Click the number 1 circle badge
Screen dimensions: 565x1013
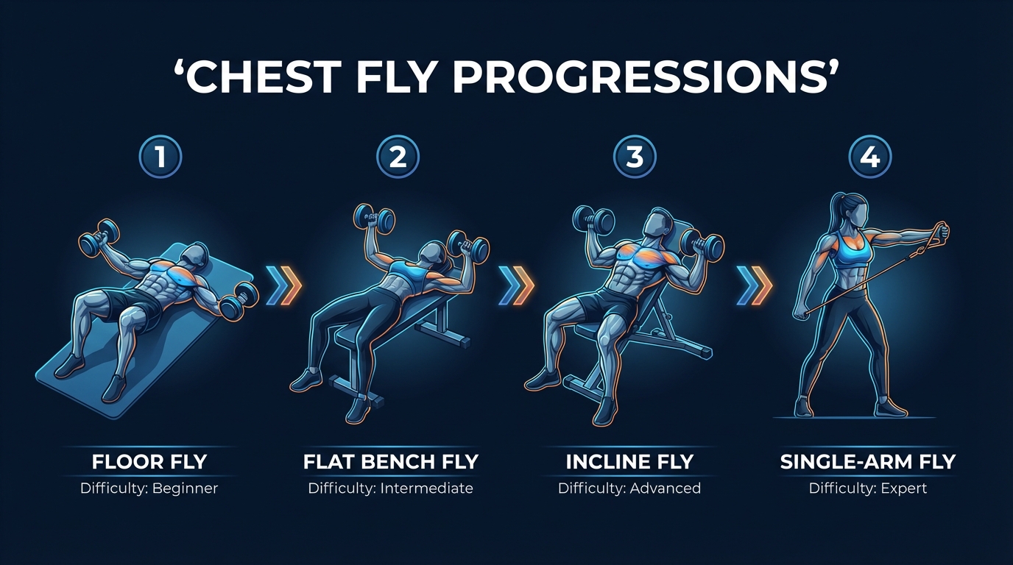pyautogui.click(x=160, y=157)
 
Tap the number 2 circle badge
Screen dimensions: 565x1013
pyautogui.click(x=397, y=157)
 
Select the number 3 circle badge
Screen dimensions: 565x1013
pyautogui.click(x=634, y=157)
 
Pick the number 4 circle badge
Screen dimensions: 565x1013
pyautogui.click(x=869, y=157)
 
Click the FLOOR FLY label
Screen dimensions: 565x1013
pyautogui.click(x=149, y=462)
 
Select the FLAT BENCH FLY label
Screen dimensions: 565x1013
pyautogui.click(x=391, y=462)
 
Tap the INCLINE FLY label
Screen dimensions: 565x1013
pyautogui.click(x=629, y=462)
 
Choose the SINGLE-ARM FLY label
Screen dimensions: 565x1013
pyautogui.click(x=868, y=462)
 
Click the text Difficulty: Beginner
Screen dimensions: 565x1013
pyautogui.click(x=149, y=488)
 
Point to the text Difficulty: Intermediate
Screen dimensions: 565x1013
pyautogui.click(x=391, y=488)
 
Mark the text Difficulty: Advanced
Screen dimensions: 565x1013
pyautogui.click(x=629, y=488)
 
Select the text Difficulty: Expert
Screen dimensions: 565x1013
pyautogui.click(x=868, y=488)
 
